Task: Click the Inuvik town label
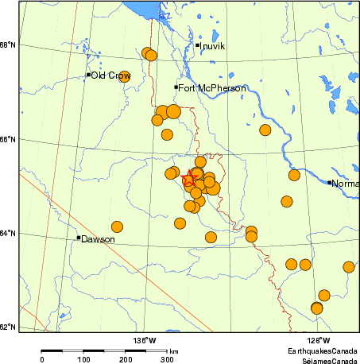click(213, 46)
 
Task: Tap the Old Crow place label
click(110, 76)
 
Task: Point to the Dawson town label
click(98, 238)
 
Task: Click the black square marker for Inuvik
click(197, 45)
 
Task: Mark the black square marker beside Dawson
click(78, 238)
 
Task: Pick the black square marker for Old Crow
click(88, 75)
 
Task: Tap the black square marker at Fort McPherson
click(176, 87)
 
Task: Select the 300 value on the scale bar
click(168, 360)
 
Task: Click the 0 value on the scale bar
click(41, 360)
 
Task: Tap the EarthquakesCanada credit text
click(323, 350)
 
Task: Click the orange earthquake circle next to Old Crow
click(124, 77)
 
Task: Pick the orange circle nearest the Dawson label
click(117, 227)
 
